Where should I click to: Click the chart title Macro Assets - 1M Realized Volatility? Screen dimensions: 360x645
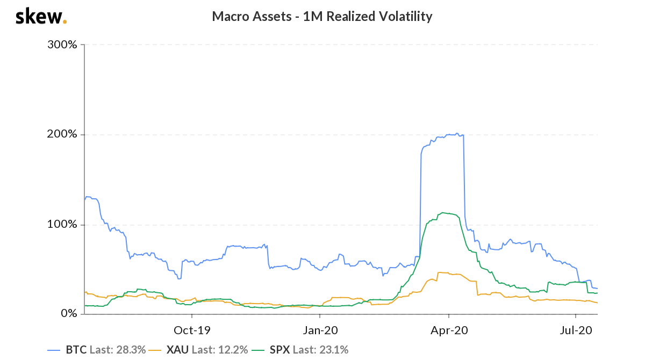pyautogui.click(x=322, y=17)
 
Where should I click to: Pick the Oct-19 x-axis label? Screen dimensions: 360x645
pyautogui.click(x=191, y=329)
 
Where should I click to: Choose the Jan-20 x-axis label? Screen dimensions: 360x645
pyautogui.click(x=320, y=329)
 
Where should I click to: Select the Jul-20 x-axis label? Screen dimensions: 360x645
pyautogui.click(x=576, y=329)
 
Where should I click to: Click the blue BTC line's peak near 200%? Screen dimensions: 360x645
pyautogui.click(x=456, y=134)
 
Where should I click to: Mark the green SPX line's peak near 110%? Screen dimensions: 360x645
pyautogui.click(x=443, y=213)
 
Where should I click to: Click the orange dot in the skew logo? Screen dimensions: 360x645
pyautogui.click(x=65, y=22)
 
